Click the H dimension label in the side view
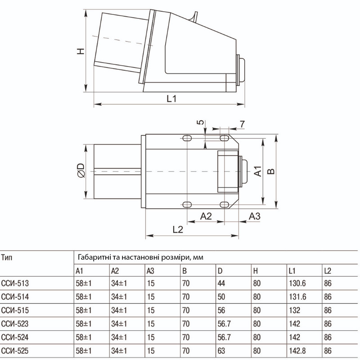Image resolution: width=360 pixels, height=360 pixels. point(81,51)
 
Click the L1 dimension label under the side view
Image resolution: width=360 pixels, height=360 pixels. point(171,99)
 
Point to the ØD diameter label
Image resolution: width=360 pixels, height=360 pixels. point(81,171)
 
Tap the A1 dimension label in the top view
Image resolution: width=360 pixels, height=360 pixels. point(258,171)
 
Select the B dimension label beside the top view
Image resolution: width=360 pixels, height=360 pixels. point(271,171)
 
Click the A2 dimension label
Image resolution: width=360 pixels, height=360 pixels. point(206,216)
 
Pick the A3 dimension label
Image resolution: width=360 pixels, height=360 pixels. point(255,216)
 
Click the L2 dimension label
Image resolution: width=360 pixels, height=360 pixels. point(178,229)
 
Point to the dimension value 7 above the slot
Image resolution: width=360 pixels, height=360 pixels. point(242,124)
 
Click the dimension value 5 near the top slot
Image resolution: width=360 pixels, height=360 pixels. point(201,122)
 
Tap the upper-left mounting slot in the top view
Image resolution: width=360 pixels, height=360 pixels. point(187,138)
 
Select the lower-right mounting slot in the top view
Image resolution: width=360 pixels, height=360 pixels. point(224,204)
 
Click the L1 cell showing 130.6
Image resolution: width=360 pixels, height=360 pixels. point(297,283)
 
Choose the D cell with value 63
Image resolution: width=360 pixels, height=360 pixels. point(221,351)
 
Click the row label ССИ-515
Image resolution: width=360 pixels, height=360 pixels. point(15,310)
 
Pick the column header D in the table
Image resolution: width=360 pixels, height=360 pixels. point(220,271)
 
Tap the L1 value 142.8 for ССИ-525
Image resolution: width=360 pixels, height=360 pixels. point(297,351)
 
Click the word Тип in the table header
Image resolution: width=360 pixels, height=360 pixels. point(7,257)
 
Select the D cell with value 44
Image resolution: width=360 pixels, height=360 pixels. point(221,283)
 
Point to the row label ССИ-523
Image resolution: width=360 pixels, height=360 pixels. point(15,324)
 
